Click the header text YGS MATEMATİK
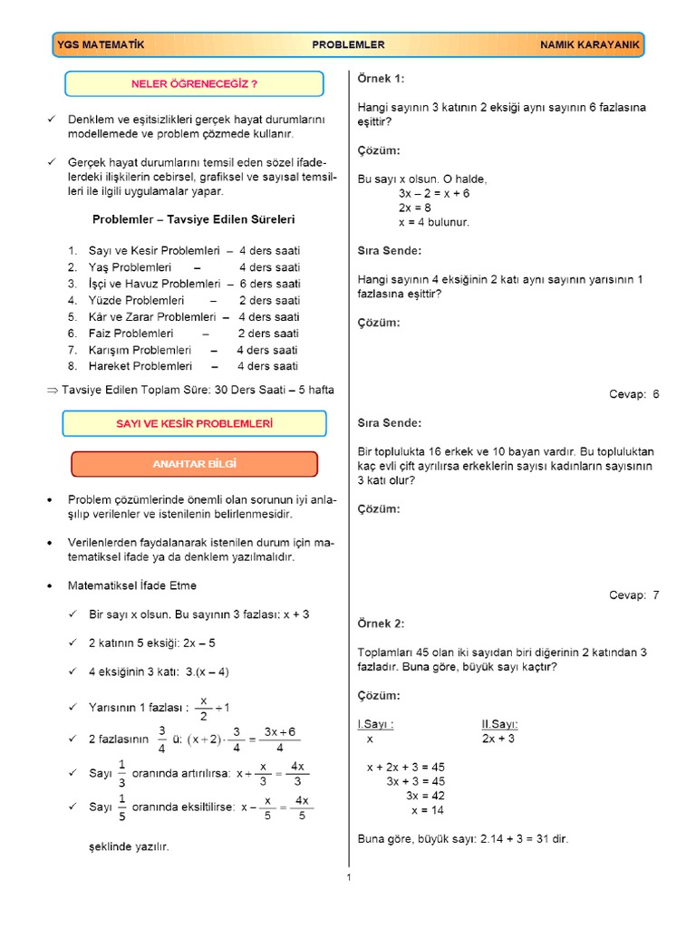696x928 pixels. click(101, 44)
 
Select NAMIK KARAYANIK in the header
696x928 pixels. click(591, 44)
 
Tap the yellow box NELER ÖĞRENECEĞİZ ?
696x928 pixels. click(194, 84)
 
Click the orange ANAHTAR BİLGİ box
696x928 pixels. click(194, 464)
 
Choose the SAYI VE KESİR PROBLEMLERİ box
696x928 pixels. click(194, 423)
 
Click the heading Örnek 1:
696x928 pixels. click(382, 79)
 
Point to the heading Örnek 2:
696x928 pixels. click(382, 623)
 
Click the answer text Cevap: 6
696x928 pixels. click(634, 394)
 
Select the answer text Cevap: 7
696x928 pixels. click(634, 595)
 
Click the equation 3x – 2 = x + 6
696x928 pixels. click(433, 194)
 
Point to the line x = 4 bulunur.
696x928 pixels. click(433, 222)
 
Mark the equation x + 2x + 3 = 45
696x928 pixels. click(405, 767)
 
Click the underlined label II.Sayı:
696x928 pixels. click(499, 724)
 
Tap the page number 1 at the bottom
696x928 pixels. click(348, 877)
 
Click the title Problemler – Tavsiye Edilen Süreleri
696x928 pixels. click(193, 219)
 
